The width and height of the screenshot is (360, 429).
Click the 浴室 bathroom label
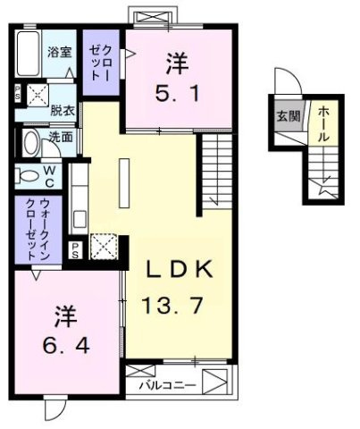(61, 52)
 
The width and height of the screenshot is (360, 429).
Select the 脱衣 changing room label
(62, 110)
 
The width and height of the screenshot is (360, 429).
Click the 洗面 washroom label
(62, 138)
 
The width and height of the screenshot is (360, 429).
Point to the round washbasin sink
(31, 142)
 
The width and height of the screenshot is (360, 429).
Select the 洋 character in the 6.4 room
(63, 316)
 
